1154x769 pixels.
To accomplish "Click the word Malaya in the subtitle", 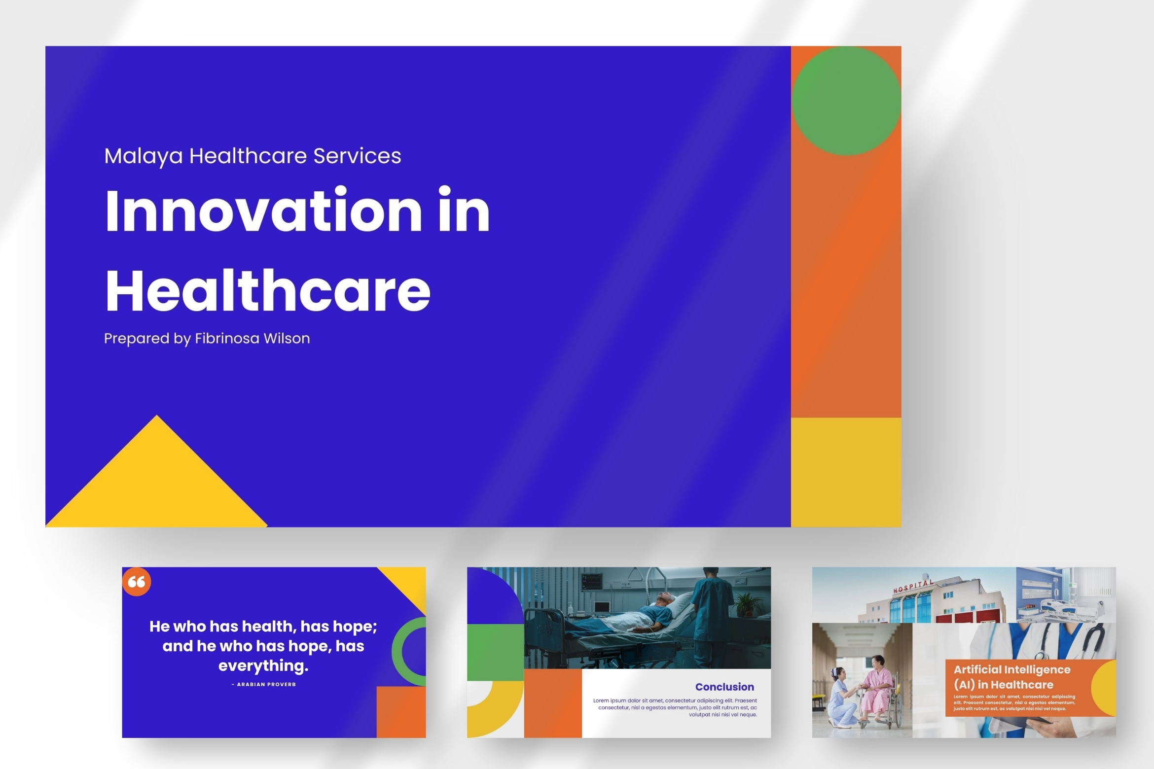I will click(x=144, y=156).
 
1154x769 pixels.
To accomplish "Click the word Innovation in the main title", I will click(x=263, y=210).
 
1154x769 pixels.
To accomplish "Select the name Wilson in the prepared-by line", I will click(x=287, y=339).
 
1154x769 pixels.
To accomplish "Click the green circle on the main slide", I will click(x=846, y=101).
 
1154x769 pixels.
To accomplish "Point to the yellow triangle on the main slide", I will click(x=157, y=481).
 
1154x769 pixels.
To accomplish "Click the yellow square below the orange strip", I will click(x=846, y=472).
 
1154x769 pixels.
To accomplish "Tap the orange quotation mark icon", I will click(x=137, y=582).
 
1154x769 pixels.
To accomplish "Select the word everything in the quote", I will click(x=263, y=666).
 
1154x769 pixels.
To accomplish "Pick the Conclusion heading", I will click(x=724, y=687).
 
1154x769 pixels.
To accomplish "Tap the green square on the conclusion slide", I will click(x=495, y=652).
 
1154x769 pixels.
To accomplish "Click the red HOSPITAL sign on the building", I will click(x=913, y=587).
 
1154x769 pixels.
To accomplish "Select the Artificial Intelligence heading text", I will click(x=1012, y=669).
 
